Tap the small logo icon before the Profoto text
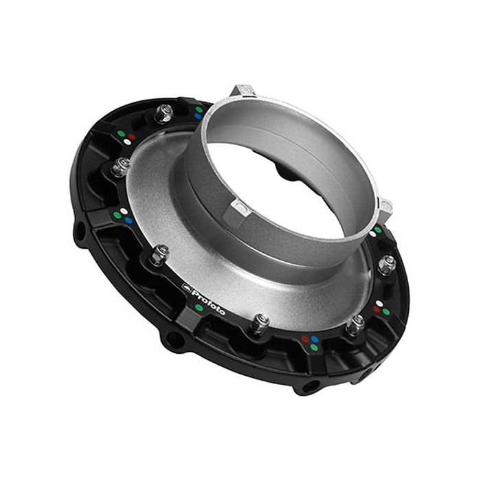tap(186, 286)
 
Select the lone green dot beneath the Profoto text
tap(199, 307)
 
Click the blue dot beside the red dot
tap(314, 339)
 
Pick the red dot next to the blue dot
tap(304, 339)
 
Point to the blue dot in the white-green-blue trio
tap(128, 221)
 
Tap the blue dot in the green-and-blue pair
tap(197, 116)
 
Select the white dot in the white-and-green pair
tap(372, 234)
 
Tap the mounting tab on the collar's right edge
tap(385, 206)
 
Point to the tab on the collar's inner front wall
tap(239, 207)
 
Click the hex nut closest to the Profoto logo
tap(159, 254)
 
